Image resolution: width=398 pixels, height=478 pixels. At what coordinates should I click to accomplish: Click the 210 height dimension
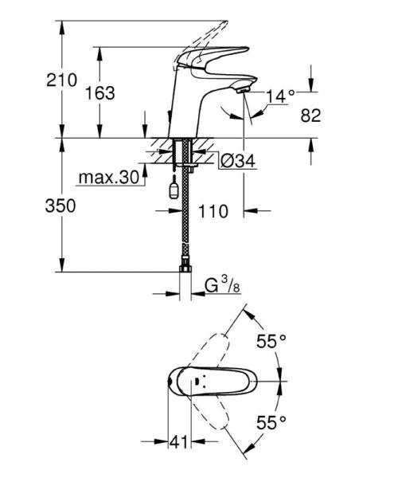tap(62, 80)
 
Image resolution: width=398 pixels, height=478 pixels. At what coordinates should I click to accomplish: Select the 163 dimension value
tap(100, 93)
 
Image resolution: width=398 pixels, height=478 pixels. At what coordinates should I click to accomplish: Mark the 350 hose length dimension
tap(60, 206)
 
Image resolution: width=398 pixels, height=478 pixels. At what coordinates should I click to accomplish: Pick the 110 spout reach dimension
tap(213, 212)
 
